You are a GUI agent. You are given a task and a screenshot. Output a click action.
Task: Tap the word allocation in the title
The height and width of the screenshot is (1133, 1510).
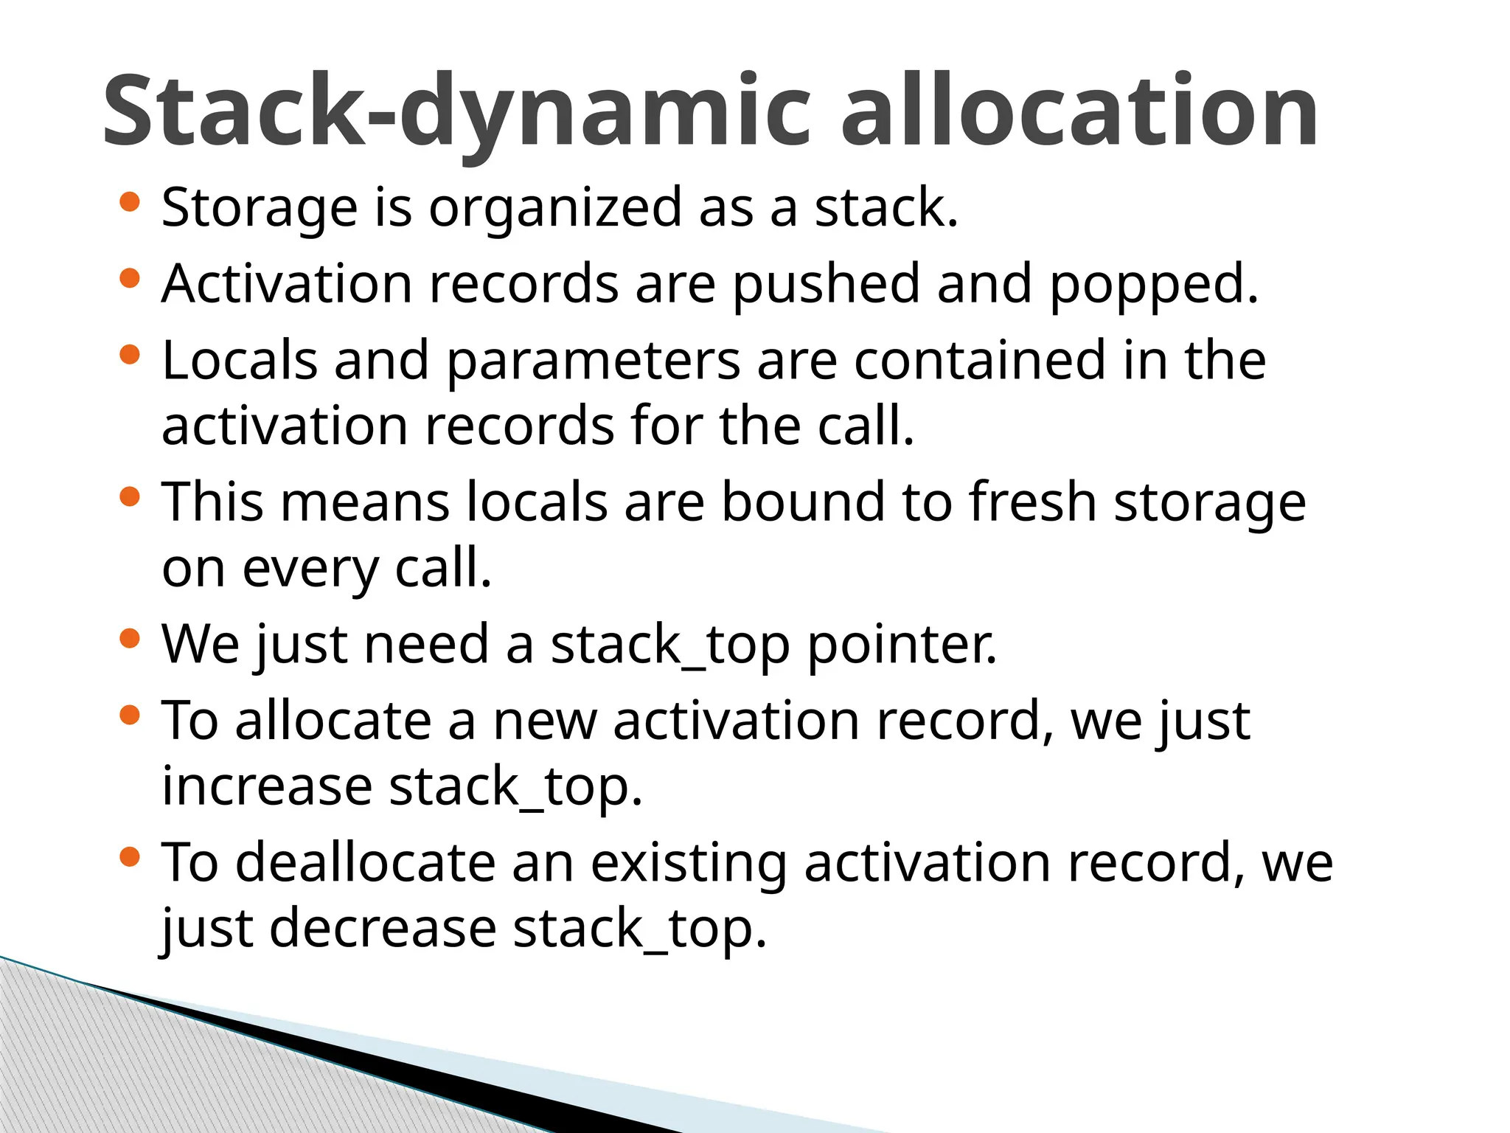1079,111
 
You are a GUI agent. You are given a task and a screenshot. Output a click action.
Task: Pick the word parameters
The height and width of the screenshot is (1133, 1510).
593,362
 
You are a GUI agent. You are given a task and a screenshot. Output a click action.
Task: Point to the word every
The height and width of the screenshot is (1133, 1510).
310,569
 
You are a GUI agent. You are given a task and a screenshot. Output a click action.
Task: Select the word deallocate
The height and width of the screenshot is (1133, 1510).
366,862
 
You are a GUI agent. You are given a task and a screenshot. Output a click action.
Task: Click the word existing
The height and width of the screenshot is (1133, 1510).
689,864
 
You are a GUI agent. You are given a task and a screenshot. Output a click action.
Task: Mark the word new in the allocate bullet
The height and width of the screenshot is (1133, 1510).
545,721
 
